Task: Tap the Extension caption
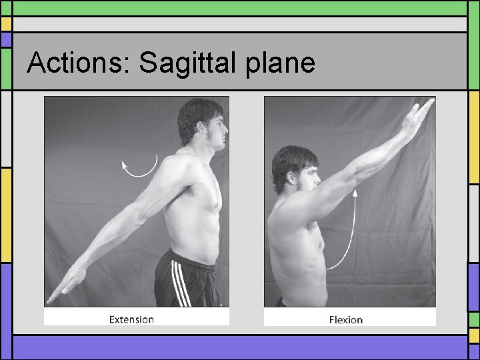click(x=131, y=319)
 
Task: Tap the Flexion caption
click(x=346, y=320)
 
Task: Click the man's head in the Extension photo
click(x=201, y=122)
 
